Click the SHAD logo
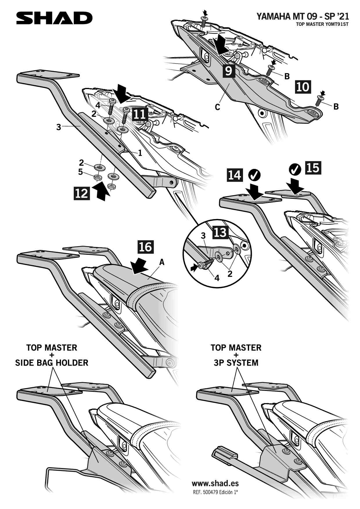pos(54,18)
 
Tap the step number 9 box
pos(229,71)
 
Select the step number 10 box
pos(303,87)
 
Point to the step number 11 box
pos(140,114)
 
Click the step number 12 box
pos(82,193)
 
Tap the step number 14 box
pos(235,175)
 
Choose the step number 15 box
pos(313,168)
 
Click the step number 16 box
pos(145,247)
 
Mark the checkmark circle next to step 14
pos(255,175)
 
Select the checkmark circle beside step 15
pos(296,169)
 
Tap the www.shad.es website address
pos(215,483)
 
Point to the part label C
pos(217,107)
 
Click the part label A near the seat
pos(162,262)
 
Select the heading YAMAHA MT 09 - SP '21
pos(303,16)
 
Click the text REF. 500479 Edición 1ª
pos(215,492)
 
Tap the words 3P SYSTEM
pos(236,363)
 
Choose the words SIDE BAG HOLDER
pos(52,363)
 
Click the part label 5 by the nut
pos(80,172)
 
